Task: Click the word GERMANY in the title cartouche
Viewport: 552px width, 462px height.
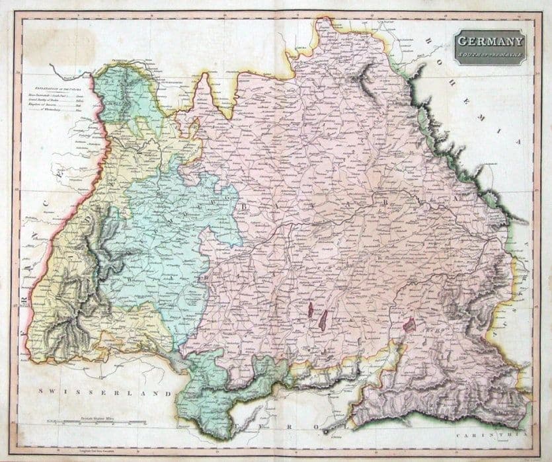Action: [x=489, y=41]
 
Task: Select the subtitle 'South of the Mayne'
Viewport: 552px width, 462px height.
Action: [x=489, y=54]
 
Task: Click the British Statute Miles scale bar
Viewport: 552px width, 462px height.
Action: [x=93, y=421]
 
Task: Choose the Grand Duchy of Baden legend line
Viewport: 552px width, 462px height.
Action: [x=56, y=100]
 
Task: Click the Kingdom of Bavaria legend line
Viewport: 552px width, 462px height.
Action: [x=56, y=104]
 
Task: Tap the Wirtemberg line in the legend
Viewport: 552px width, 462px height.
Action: [x=56, y=109]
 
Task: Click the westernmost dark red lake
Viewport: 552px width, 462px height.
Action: [x=309, y=309]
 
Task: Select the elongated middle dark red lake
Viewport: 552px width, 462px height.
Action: [x=323, y=321]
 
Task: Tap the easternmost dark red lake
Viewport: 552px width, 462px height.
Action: [x=409, y=325]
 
